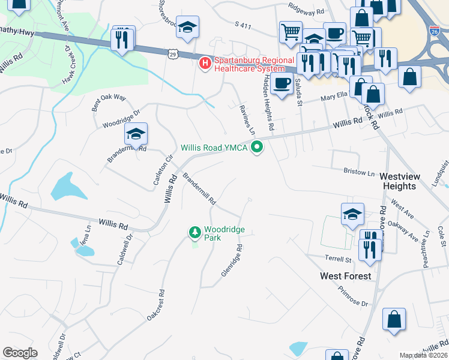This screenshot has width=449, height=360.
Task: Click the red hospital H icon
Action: point(205,62)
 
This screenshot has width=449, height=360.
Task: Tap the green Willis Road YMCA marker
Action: point(258,146)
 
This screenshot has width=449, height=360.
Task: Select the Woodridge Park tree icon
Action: point(194,232)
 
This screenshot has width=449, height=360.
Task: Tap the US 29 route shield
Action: point(172,54)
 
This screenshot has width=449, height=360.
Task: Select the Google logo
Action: point(20,353)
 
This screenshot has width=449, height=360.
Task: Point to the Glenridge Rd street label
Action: point(232,259)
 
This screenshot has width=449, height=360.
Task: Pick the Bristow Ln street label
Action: point(359,172)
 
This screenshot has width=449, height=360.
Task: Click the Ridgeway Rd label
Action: point(306,11)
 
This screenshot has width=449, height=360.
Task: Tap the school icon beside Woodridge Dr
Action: point(136,136)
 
